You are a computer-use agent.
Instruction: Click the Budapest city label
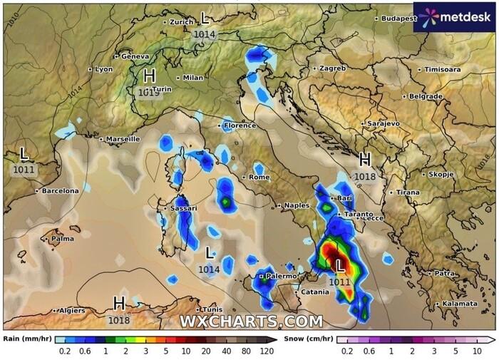pyautogui.click(x=398, y=19)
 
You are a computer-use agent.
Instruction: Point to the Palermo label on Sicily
pyautogui.click(x=280, y=276)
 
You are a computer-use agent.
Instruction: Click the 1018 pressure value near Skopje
pyautogui.click(x=365, y=176)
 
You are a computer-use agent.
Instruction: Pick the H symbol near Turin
pyautogui.click(x=149, y=76)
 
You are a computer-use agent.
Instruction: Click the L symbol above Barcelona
pyautogui.click(x=24, y=153)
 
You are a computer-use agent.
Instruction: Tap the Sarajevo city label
pyautogui.click(x=383, y=123)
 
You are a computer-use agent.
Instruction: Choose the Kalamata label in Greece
pyautogui.click(x=459, y=303)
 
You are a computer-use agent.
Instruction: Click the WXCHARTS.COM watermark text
pyautogui.click(x=250, y=322)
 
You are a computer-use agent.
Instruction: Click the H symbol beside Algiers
pyautogui.click(x=119, y=304)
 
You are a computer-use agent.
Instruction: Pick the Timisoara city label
pyautogui.click(x=442, y=70)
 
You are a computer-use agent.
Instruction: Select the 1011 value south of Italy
pyautogui.click(x=340, y=282)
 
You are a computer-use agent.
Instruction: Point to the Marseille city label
pyautogui.click(x=123, y=139)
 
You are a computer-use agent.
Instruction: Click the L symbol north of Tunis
pyautogui.click(x=209, y=253)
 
